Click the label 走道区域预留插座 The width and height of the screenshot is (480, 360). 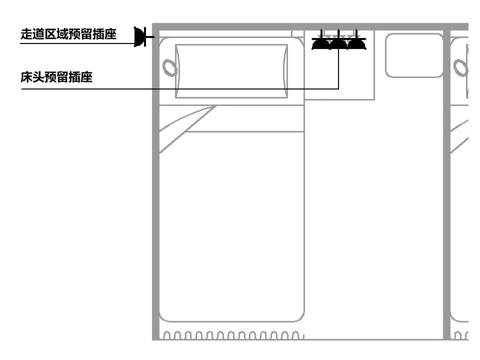click(x=68, y=34)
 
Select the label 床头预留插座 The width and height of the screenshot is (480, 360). click(x=56, y=77)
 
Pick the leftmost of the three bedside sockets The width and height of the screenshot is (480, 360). click(x=320, y=44)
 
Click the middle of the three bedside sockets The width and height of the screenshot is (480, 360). click(x=338, y=44)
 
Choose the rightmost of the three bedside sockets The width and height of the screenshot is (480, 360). click(x=356, y=44)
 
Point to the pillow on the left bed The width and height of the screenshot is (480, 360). click(x=231, y=70)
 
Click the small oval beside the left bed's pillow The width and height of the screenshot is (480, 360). click(x=169, y=67)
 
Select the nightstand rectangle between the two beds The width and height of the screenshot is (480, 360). click(x=339, y=75)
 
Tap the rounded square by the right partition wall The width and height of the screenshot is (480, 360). click(x=414, y=55)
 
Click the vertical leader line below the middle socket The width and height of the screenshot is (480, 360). click(x=338, y=70)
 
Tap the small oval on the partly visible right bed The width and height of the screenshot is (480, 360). click(x=459, y=67)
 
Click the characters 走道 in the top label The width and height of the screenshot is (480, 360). click(x=32, y=34)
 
